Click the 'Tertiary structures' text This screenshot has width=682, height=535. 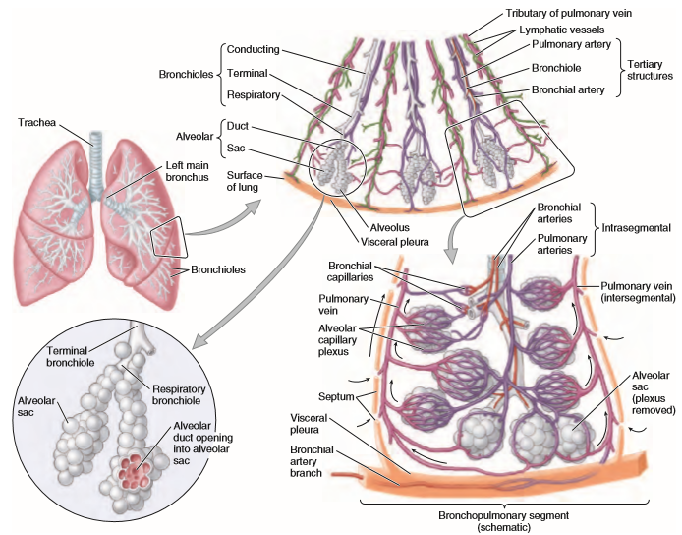(652, 69)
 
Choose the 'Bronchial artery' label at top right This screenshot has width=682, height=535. (572, 89)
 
